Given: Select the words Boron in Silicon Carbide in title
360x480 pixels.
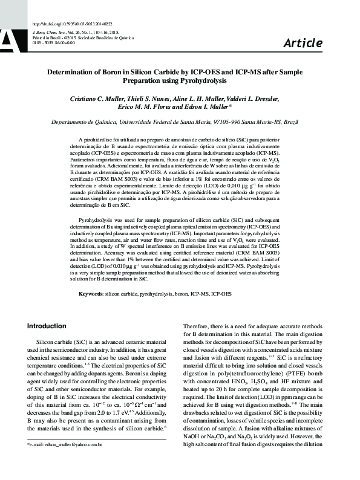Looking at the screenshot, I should coord(122,71).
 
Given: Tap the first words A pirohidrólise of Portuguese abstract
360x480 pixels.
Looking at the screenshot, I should coord(97,139).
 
